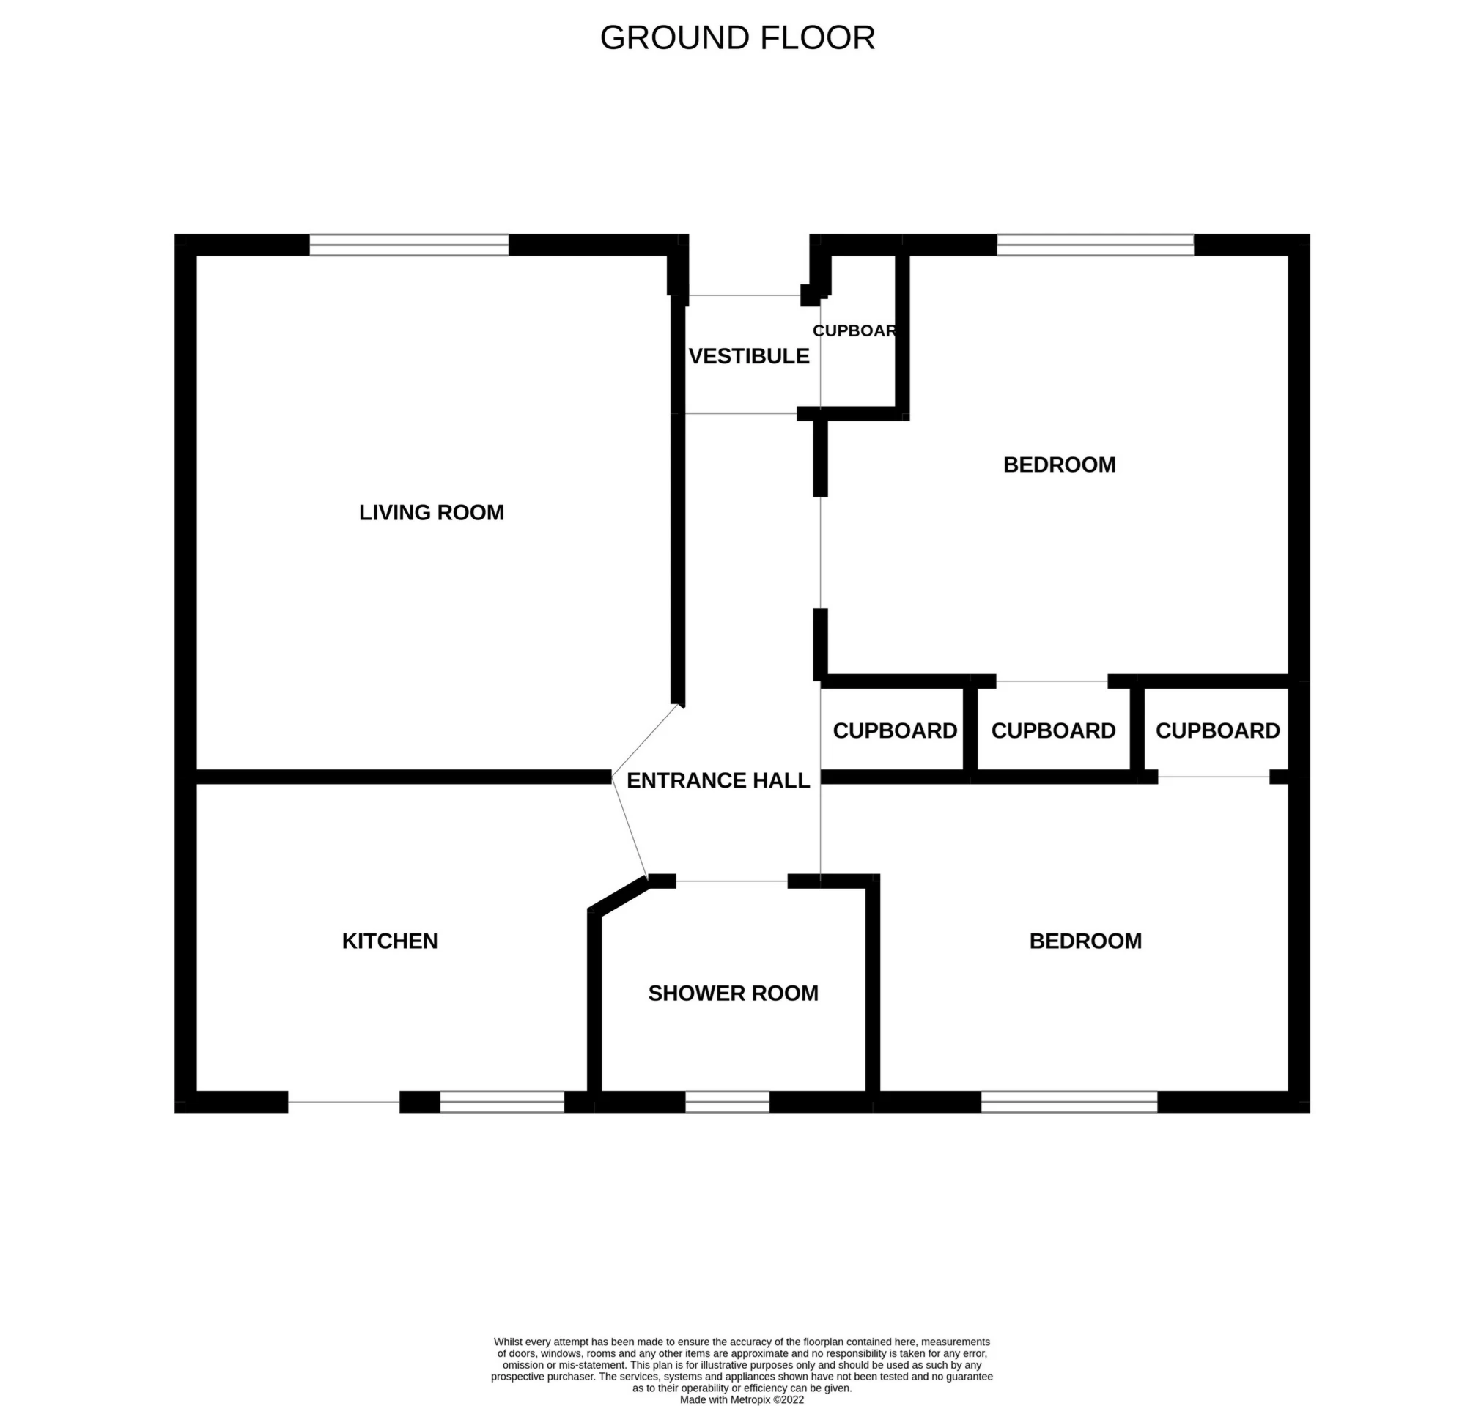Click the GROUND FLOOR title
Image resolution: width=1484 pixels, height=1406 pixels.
click(x=737, y=38)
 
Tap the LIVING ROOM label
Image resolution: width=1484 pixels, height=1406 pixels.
click(x=432, y=513)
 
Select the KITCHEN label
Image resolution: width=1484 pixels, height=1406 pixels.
click(x=390, y=941)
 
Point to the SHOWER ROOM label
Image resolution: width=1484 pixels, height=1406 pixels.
click(x=733, y=994)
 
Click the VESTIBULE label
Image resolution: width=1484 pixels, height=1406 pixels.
click(x=749, y=357)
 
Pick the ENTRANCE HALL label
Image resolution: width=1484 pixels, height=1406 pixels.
click(x=718, y=781)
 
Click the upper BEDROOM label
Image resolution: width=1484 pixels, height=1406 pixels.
click(x=1059, y=465)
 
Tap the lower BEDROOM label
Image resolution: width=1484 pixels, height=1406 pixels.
click(x=1085, y=941)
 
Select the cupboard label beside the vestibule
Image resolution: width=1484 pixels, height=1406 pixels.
click(x=855, y=330)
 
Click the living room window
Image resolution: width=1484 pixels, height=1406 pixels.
click(x=409, y=245)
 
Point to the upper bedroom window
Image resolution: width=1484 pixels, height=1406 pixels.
click(x=1095, y=245)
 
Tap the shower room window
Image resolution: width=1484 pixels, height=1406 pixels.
click(x=727, y=1102)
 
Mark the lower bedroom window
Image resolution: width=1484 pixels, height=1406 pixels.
click(x=1069, y=1102)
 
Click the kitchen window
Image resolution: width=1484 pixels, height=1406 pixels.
click(x=501, y=1102)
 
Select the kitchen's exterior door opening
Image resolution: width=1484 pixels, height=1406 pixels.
click(x=344, y=1102)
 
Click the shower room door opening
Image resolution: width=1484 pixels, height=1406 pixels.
click(x=731, y=881)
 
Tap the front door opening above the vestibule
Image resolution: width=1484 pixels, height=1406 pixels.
click(x=745, y=295)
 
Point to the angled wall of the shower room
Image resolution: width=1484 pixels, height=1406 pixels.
click(x=619, y=895)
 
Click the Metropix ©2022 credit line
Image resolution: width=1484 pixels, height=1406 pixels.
click(x=742, y=1399)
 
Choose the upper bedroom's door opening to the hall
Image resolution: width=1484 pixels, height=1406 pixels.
click(x=821, y=552)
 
